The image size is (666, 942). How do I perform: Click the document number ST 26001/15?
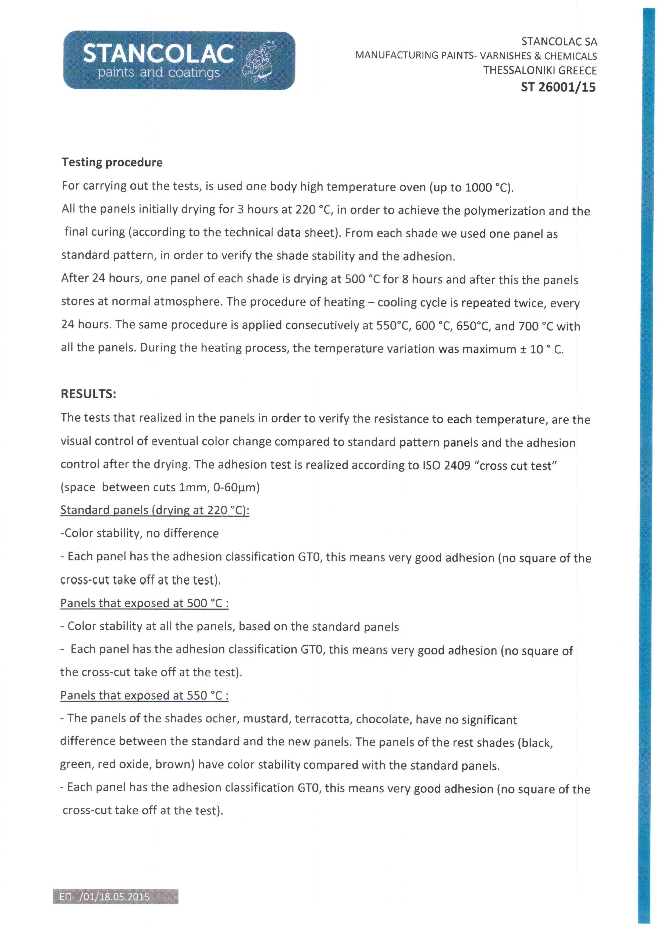pyautogui.click(x=558, y=87)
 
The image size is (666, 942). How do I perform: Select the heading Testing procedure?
pyautogui.click(x=112, y=163)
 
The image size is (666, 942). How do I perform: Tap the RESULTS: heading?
pyautogui.click(x=89, y=394)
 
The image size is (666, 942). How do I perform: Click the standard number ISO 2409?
pyautogui.click(x=446, y=465)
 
